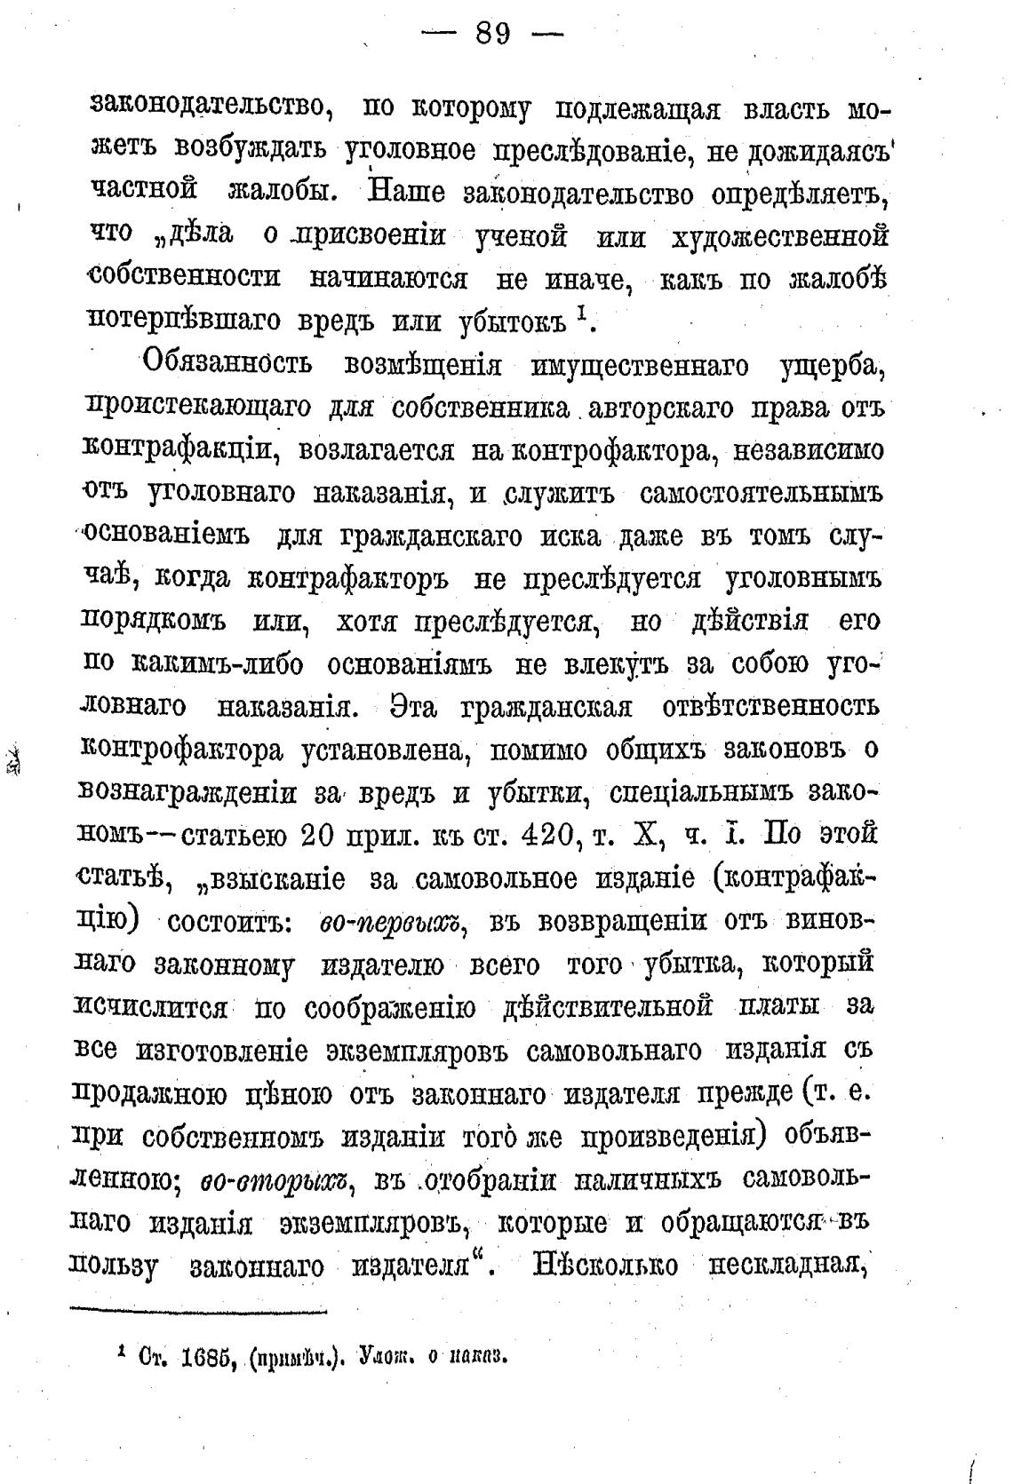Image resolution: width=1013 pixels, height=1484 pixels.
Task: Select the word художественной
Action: pos(781,236)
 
